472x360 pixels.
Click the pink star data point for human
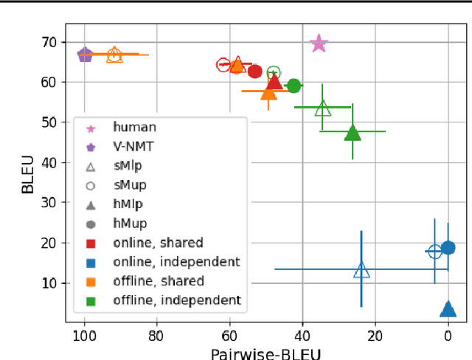point(319,44)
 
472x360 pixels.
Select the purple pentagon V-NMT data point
point(85,55)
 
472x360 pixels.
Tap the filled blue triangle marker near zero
point(447,309)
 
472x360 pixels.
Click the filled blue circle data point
point(447,248)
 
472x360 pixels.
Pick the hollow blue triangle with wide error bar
point(361,270)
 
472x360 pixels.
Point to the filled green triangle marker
point(353,133)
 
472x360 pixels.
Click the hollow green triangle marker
point(322,108)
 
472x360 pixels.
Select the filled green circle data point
point(294,86)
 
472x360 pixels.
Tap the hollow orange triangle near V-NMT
point(114,55)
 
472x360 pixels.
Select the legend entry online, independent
point(176,261)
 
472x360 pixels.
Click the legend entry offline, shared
point(158,280)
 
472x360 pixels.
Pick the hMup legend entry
point(129,223)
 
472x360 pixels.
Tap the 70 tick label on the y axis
point(49,42)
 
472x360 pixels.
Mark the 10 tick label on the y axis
point(49,283)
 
